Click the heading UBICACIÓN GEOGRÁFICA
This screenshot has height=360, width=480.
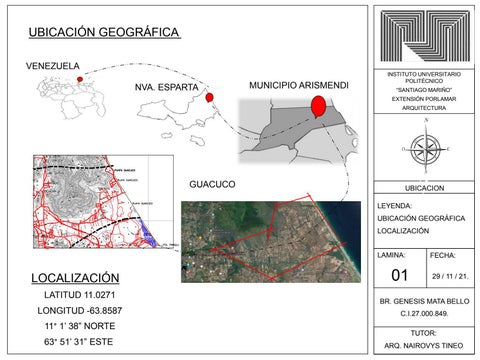click(104, 32)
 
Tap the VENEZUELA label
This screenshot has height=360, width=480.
click(52, 66)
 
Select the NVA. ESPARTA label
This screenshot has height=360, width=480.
click(167, 88)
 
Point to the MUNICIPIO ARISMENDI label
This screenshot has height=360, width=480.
click(299, 86)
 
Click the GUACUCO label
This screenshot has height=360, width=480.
click(211, 185)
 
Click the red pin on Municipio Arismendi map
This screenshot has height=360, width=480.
click(318, 105)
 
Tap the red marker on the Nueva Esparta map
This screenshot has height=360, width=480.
click(210, 98)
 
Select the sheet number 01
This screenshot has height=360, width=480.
click(401, 275)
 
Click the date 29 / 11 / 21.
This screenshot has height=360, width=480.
click(450, 275)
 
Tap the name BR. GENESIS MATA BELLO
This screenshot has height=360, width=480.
click(425, 301)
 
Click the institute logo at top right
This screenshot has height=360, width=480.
click(425, 36)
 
